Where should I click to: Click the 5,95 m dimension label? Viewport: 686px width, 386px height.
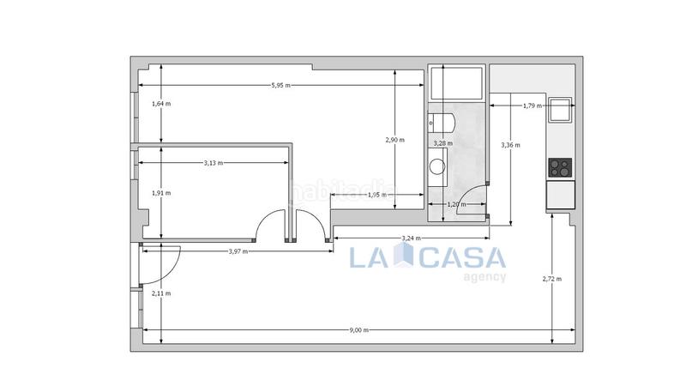pos(280,85)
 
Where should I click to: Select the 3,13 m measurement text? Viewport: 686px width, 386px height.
pos(213,162)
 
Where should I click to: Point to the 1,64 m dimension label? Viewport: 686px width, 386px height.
pos(160,104)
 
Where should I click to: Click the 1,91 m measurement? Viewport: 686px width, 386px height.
pos(160,192)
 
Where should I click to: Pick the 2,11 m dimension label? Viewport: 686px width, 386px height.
pos(160,293)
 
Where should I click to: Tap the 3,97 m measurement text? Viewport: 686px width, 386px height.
pos(239,250)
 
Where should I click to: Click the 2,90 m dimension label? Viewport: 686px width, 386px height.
pos(394,140)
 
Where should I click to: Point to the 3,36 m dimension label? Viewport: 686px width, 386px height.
pos(510,145)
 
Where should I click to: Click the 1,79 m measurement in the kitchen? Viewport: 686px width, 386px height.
pos(532,106)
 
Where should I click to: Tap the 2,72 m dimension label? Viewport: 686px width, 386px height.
pos(552,279)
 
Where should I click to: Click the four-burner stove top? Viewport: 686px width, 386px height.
pos(561,166)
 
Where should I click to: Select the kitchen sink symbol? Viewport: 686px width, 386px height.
pos(561,110)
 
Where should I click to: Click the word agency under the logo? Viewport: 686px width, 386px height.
pos(484,276)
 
